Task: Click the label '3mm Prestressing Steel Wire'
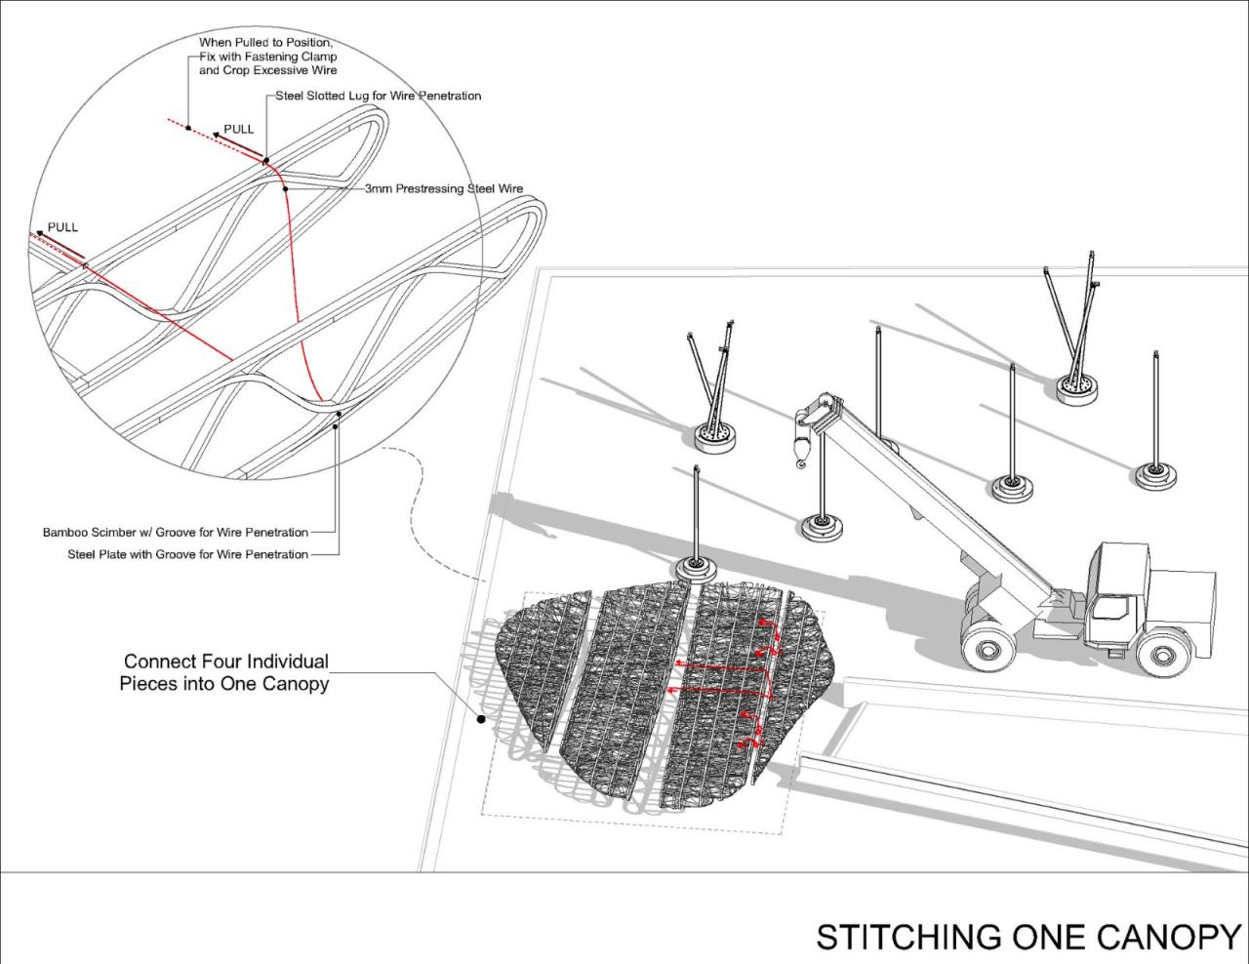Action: (444, 188)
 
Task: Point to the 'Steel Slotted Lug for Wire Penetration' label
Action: (379, 96)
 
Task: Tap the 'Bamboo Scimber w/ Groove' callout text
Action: (176, 533)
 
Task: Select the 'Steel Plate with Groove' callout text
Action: (188, 554)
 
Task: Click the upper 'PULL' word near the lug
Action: (238, 129)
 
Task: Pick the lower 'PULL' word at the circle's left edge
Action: (62, 227)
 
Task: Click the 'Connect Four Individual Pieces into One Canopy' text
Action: (224, 672)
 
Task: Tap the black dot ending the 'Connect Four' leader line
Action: (481, 719)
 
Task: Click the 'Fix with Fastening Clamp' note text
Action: (267, 57)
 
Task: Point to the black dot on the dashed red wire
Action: (188, 128)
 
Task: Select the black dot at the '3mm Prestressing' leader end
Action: (285, 188)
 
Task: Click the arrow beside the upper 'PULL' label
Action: (237, 144)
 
